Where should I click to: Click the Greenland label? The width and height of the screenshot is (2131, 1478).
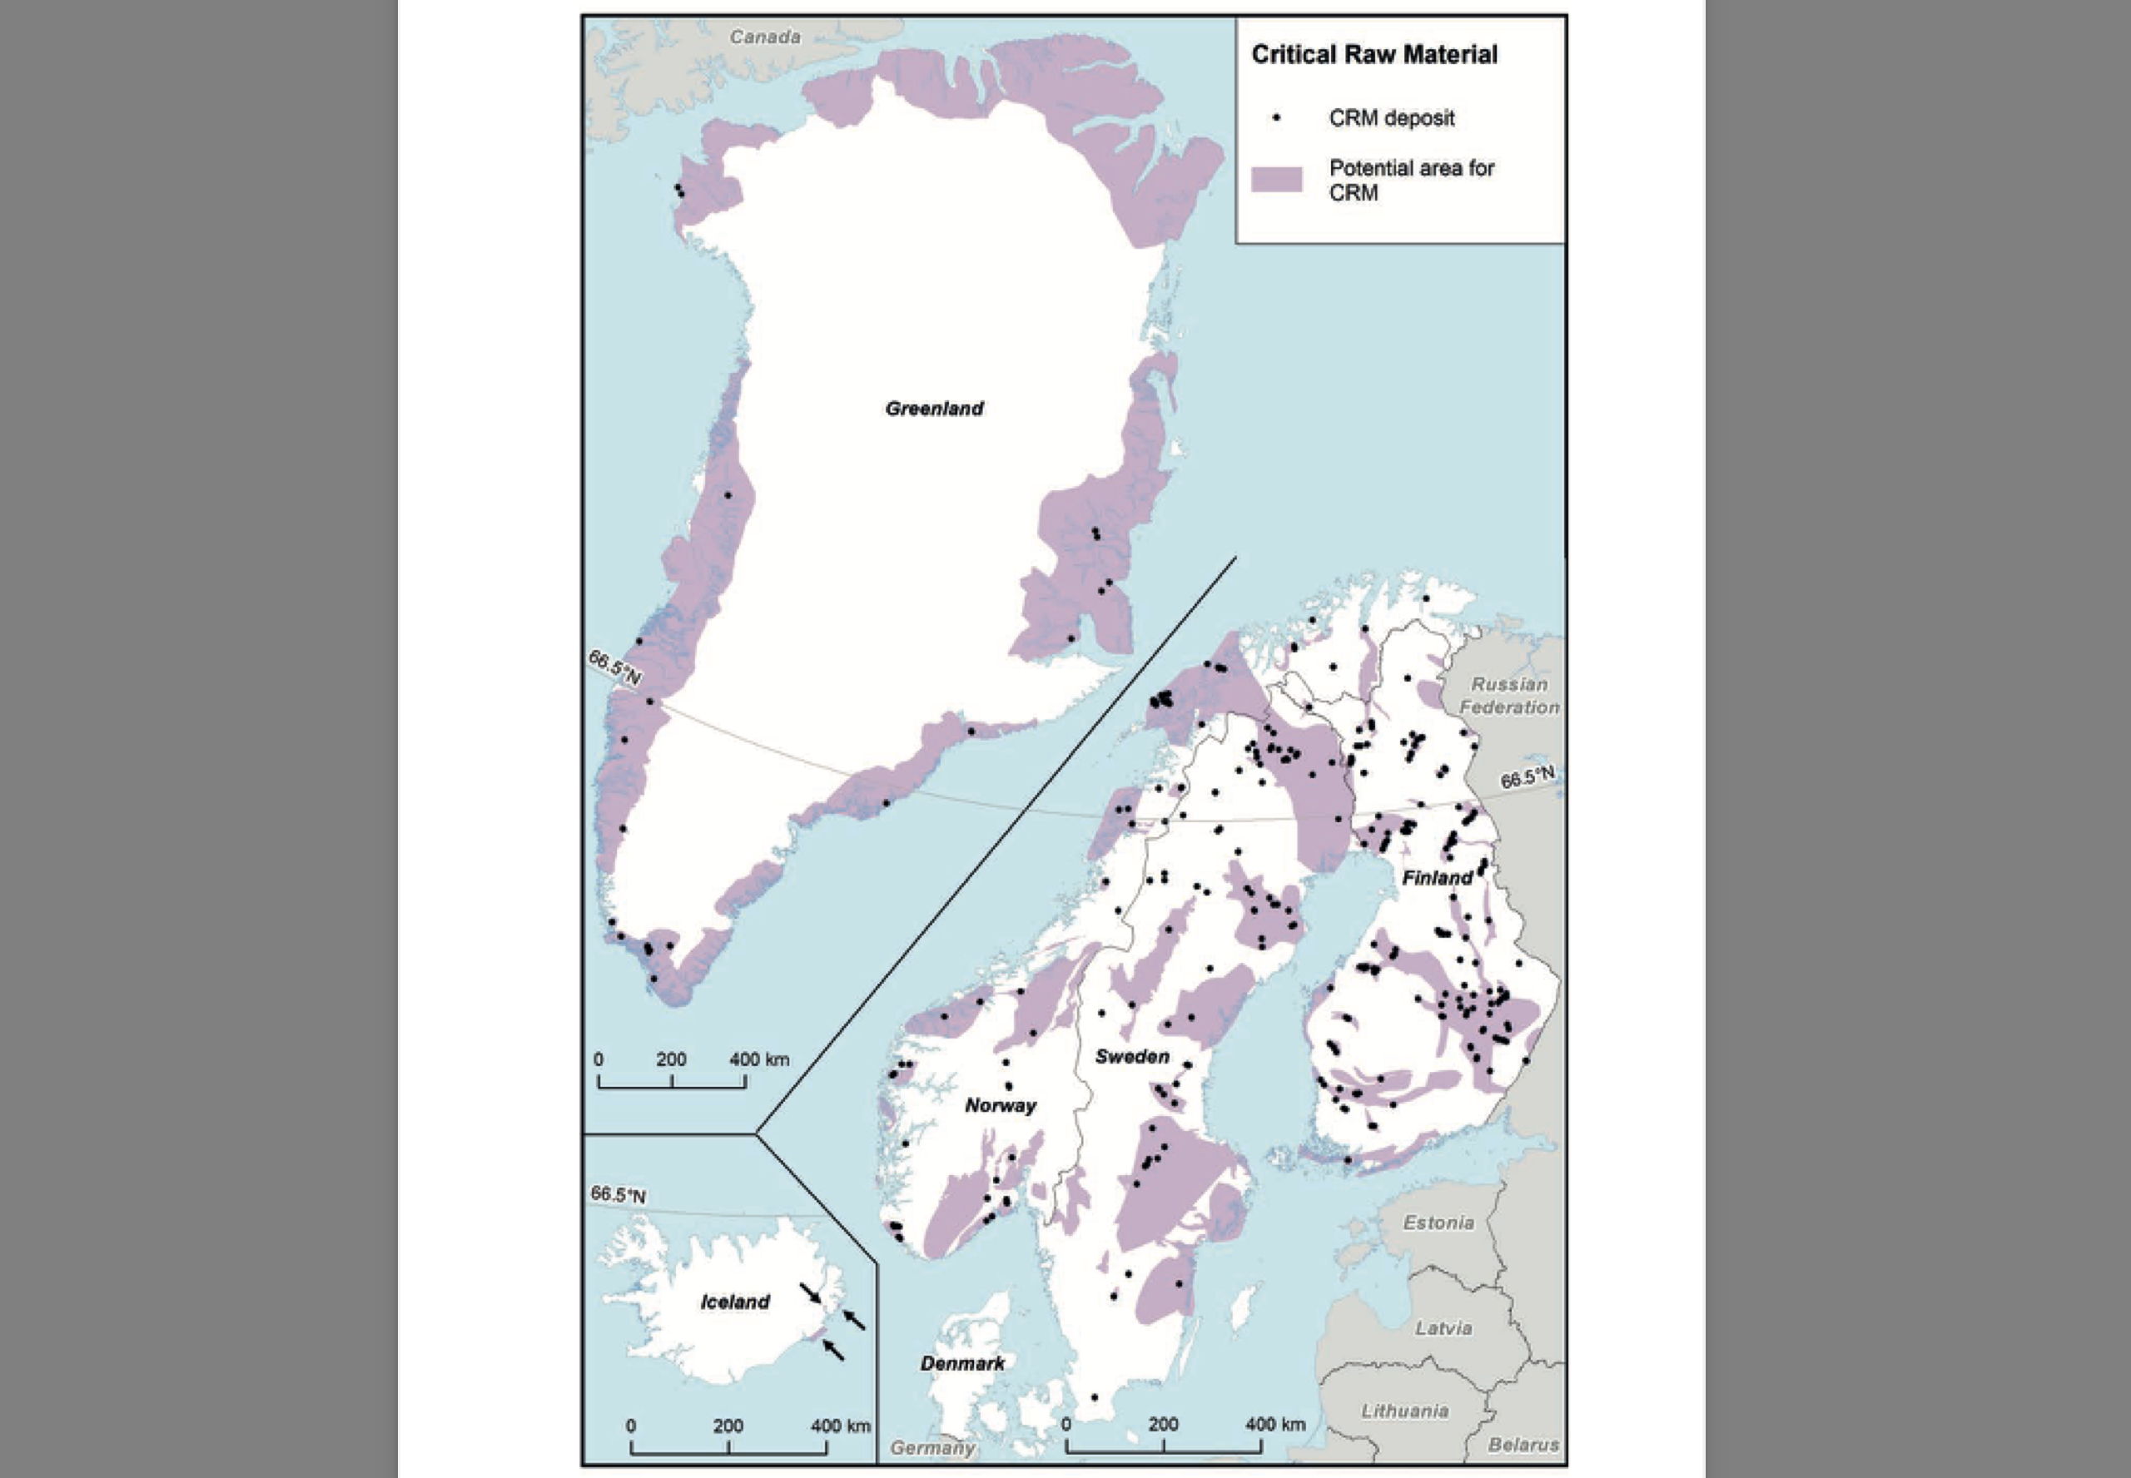[x=933, y=409]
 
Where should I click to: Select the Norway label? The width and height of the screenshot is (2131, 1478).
[x=1001, y=1106]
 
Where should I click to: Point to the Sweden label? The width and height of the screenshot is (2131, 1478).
[x=1132, y=1057]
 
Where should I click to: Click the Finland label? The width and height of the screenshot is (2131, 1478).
[x=1437, y=878]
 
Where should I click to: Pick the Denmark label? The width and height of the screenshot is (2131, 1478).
[x=962, y=1363]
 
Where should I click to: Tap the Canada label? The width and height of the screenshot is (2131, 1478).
[x=765, y=37]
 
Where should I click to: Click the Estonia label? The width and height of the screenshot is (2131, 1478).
[x=1438, y=1223]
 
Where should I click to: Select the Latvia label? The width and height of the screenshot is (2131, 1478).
[x=1443, y=1328]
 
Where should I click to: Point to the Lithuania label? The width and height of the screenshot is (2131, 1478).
[x=1404, y=1411]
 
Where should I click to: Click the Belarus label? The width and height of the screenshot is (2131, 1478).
[x=1523, y=1445]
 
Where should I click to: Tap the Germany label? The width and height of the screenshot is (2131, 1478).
[x=932, y=1447]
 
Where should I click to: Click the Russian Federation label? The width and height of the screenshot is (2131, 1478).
[x=1509, y=696]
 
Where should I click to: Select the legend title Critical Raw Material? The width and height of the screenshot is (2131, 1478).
[x=1373, y=55]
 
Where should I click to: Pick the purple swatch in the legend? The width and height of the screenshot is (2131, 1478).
[x=1276, y=180]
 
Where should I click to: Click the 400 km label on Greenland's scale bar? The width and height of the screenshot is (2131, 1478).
[x=758, y=1059]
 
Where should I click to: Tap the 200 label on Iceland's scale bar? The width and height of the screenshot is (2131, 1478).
[x=728, y=1426]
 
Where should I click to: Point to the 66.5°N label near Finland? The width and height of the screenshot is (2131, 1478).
[x=1527, y=778]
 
